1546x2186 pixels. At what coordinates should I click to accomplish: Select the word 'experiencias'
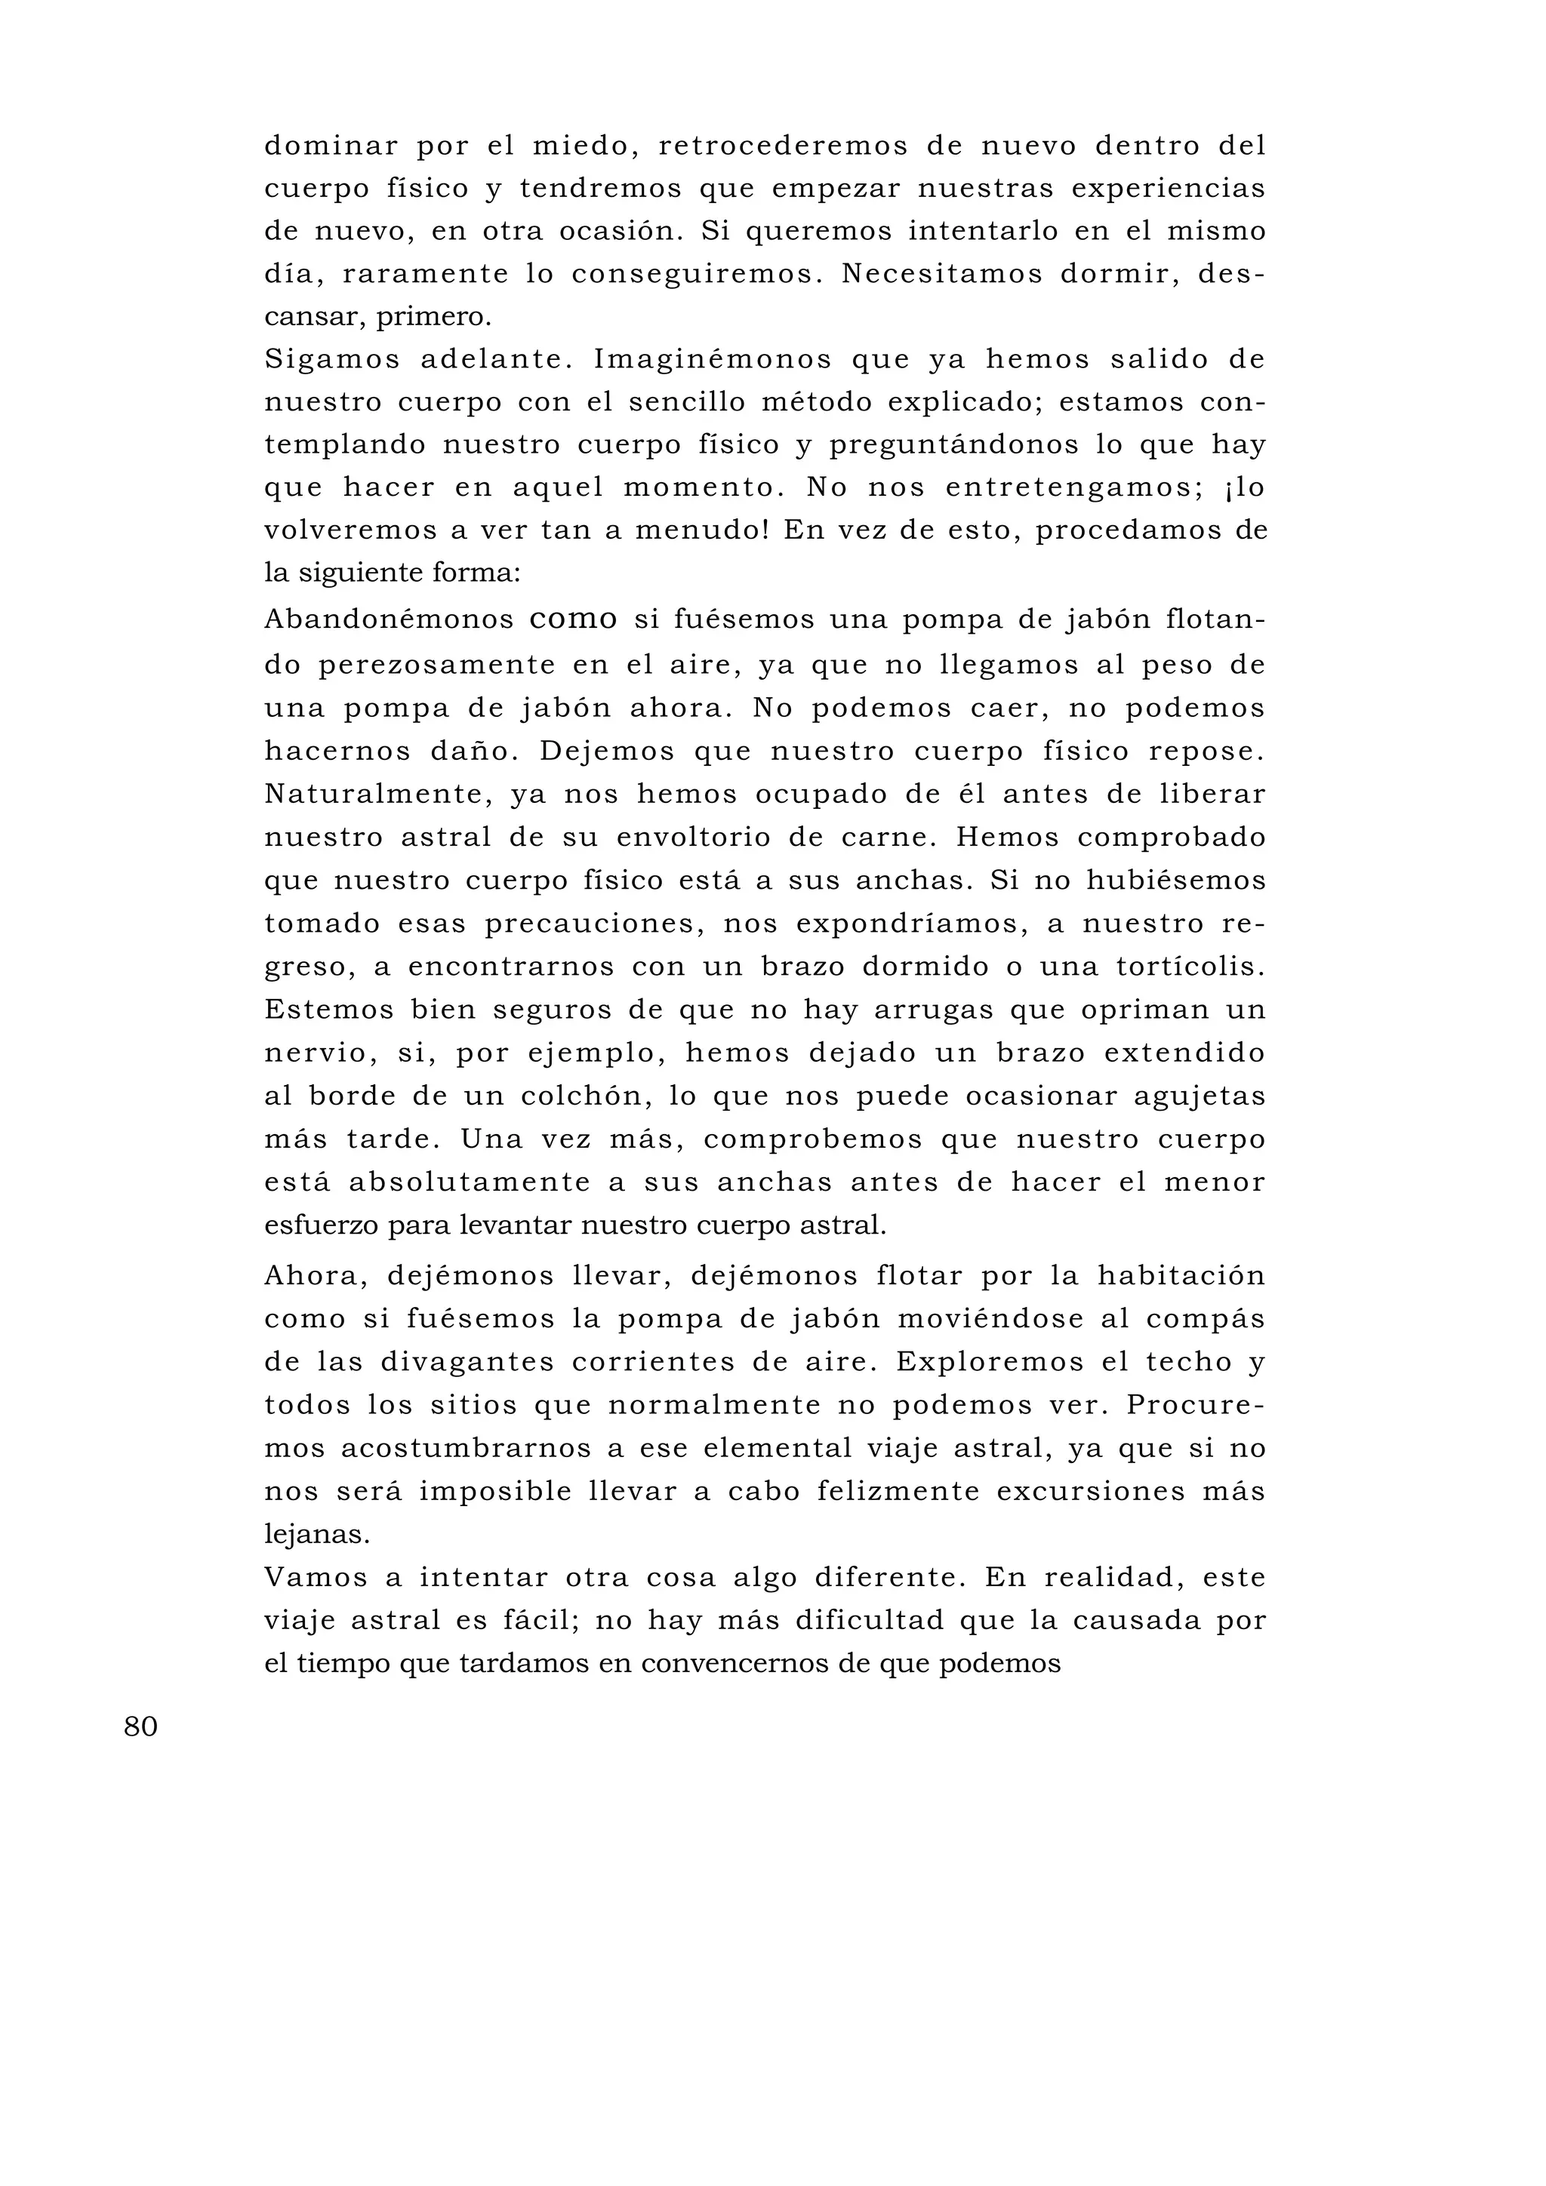point(1168,189)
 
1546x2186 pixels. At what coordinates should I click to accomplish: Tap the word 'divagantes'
point(467,1363)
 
